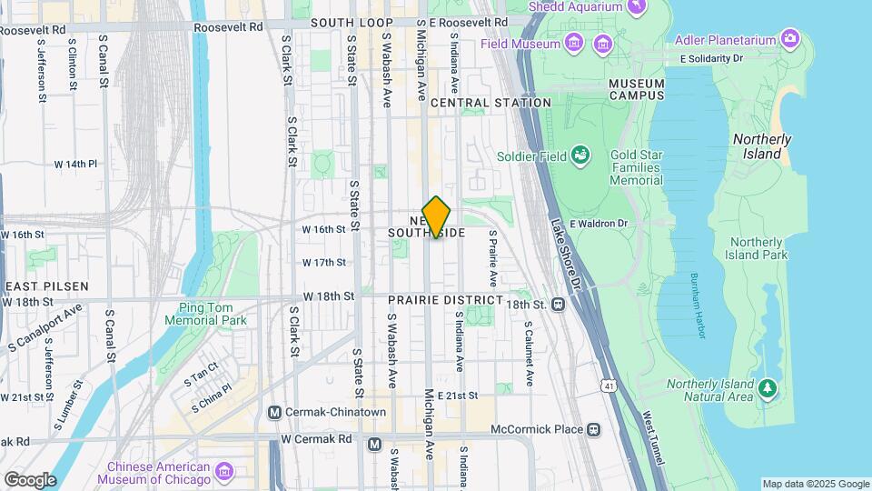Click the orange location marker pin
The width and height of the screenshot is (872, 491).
tap(437, 217)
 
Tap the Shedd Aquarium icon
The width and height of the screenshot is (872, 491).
tap(639, 6)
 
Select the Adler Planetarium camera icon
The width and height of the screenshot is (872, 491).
tap(790, 39)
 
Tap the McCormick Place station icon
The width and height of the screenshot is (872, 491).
tap(593, 429)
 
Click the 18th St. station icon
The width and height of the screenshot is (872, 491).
tap(558, 306)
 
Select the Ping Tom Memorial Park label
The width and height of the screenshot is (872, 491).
tap(206, 315)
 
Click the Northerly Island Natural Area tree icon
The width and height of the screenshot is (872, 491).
tap(768, 388)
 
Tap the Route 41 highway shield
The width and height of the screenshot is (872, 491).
tap(607, 386)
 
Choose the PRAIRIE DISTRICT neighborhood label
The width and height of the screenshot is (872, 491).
tap(445, 299)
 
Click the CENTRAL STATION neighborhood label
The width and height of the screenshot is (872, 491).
tap(490, 103)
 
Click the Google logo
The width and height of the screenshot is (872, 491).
tap(29, 479)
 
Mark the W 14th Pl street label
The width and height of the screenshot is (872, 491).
tap(75, 164)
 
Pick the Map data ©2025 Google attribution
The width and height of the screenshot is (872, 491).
tap(815, 484)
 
